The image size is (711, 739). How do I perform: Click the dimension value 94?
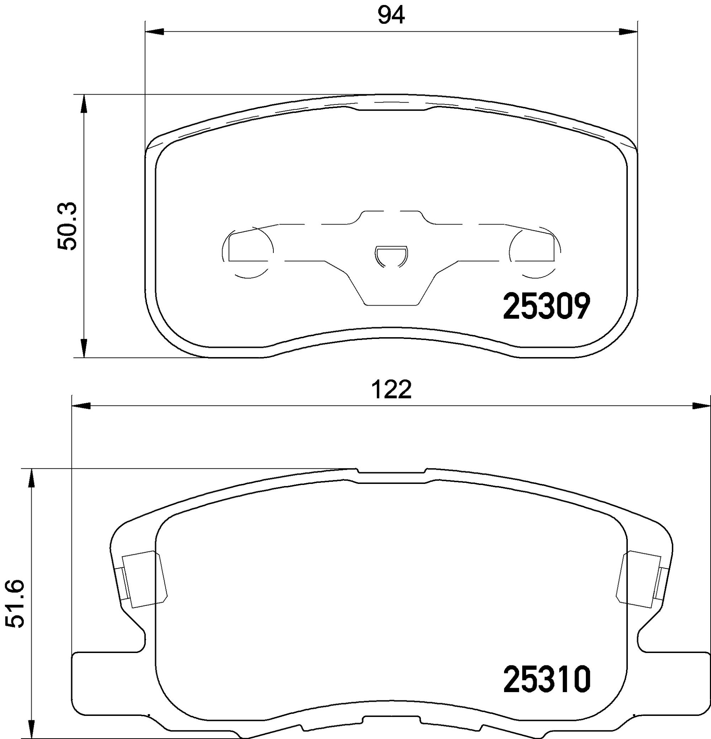coord(391,16)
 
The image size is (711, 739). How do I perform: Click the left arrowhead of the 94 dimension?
coord(155,32)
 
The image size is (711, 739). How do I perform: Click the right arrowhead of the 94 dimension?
coord(628,32)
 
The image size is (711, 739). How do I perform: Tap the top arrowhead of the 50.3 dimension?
coord(84,104)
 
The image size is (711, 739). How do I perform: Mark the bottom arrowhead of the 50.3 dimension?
coord(84,347)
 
